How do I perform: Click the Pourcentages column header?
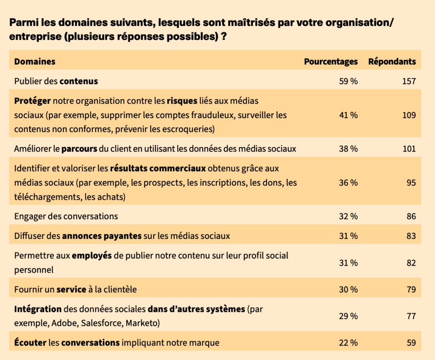(330, 62)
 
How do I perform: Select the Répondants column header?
(392, 62)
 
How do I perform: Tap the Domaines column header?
(35, 62)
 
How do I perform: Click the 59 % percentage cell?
(348, 81)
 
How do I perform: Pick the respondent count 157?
(409, 81)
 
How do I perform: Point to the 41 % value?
(348, 115)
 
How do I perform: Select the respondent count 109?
(409, 115)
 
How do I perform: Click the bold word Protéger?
(33, 101)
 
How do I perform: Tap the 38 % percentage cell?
(348, 149)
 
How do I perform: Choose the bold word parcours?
(79, 149)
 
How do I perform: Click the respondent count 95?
(411, 183)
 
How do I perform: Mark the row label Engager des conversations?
(66, 216)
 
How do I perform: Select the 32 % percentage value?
(348, 216)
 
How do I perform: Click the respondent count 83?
(411, 236)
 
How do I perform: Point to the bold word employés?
(92, 256)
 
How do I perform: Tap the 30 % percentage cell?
(348, 290)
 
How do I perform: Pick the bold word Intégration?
(38, 309)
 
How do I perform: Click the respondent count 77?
(411, 316)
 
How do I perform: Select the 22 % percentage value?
(348, 343)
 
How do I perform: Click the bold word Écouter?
(30, 343)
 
